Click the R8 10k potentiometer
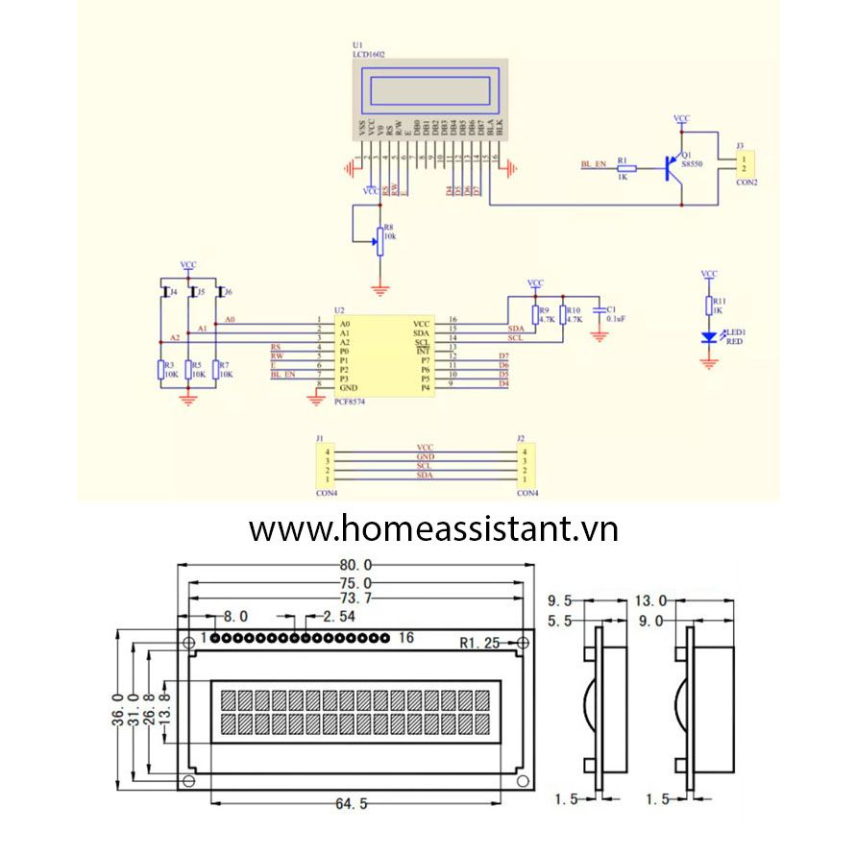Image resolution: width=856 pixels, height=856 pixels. click(380, 241)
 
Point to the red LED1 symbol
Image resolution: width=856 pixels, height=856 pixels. click(710, 337)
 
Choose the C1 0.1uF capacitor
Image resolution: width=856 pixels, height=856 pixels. click(599, 312)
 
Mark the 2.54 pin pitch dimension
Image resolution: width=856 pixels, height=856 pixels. click(341, 616)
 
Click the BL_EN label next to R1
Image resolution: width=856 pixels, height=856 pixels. click(593, 165)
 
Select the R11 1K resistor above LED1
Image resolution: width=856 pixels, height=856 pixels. click(710, 306)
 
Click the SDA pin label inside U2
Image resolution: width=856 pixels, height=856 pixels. click(421, 332)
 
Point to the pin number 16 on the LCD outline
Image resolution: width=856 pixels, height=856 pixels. click(404, 638)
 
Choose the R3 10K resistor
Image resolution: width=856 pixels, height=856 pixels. click(160, 370)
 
